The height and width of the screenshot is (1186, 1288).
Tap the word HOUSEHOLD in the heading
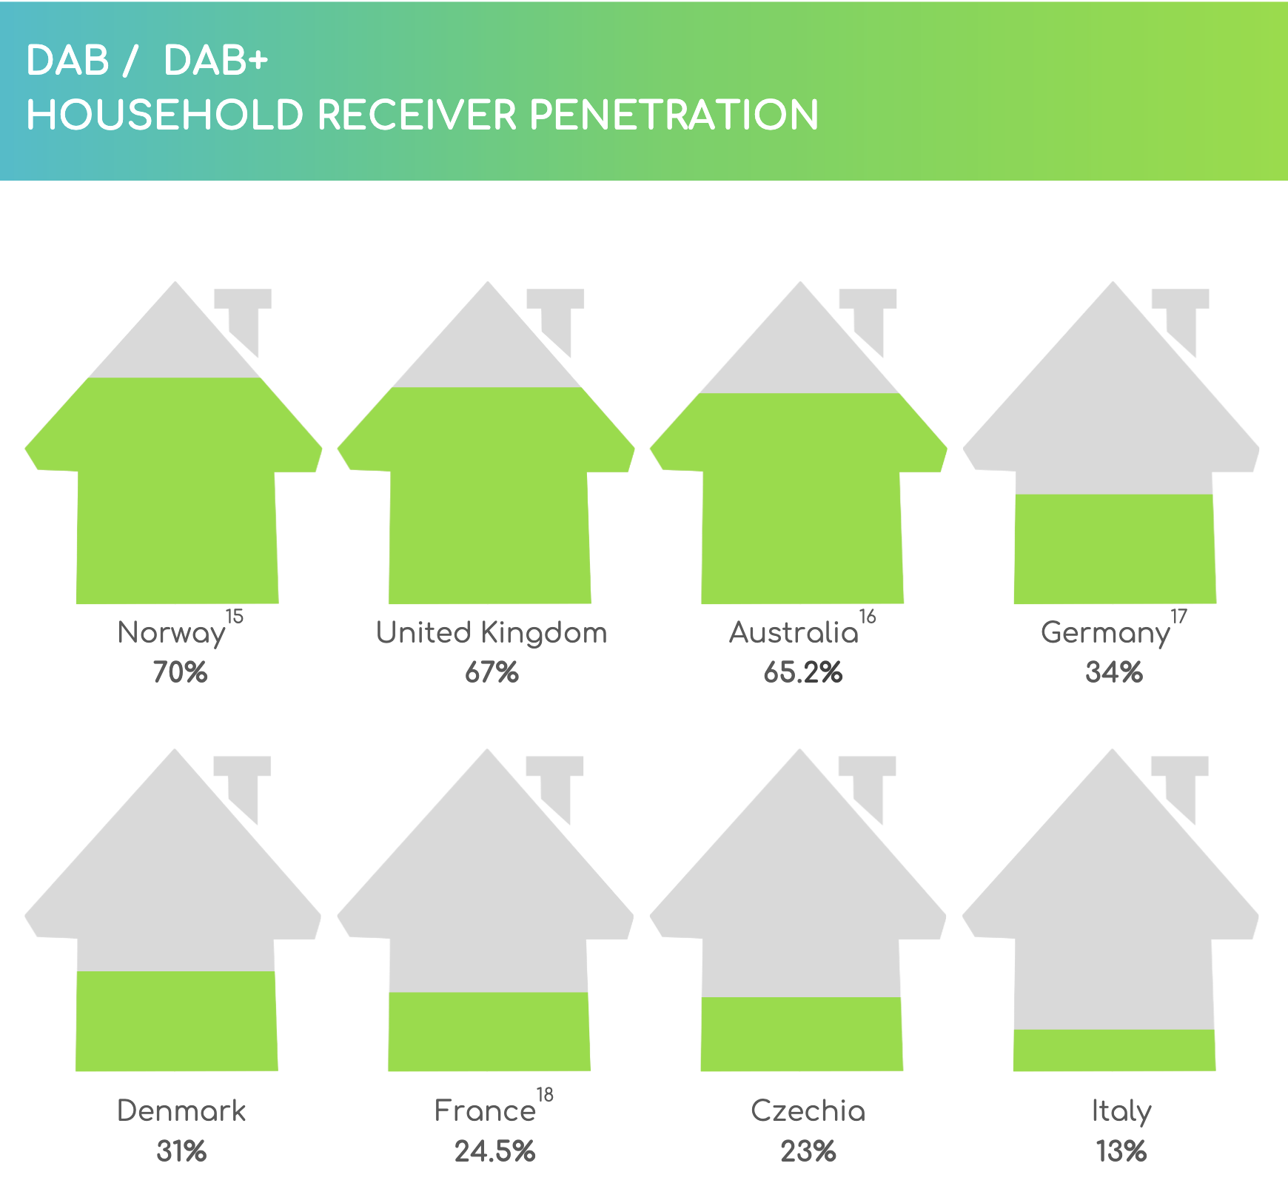pos(165,115)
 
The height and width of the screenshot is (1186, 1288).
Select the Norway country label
pos(171,634)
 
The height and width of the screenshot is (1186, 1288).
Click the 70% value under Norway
pos(180,673)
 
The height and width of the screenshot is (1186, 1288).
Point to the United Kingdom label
pos(492,633)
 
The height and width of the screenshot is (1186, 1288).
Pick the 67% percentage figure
pos(492,673)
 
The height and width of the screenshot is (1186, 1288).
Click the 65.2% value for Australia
pos(803,673)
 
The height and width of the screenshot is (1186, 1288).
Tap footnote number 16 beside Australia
pos(868,617)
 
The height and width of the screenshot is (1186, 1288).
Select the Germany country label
pos(1105,634)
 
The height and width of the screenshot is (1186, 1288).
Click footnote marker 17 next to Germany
pos(1178,617)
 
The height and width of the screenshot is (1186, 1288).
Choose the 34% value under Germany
pos(1114,673)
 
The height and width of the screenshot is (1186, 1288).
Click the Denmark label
pos(181,1111)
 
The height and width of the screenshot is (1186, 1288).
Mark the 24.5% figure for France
pos(494,1152)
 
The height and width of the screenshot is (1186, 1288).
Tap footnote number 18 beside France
pos(545,1095)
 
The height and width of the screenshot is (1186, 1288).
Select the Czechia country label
pos(808,1111)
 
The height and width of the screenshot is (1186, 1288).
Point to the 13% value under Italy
pos(1121,1152)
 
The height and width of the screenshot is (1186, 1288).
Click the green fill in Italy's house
pos(1114,1050)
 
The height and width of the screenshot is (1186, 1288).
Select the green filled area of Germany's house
pos(1115,549)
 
